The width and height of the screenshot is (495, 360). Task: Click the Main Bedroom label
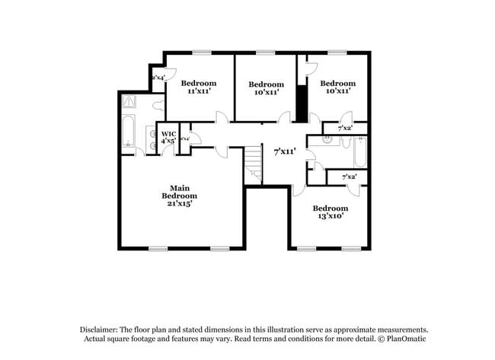179,192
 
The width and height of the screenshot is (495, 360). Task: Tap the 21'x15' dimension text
179,203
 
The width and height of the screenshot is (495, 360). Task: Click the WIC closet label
168,134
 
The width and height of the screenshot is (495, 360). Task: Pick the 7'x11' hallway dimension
284,151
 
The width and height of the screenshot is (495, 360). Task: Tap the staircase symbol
253,164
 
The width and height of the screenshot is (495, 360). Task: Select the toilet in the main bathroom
158,107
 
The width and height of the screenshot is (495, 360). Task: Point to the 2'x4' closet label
159,78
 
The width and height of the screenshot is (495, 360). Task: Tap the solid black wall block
302,104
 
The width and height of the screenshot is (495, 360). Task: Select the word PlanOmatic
396,338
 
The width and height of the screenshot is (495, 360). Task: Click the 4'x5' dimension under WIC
168,141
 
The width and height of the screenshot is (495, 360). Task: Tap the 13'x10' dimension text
331,216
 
